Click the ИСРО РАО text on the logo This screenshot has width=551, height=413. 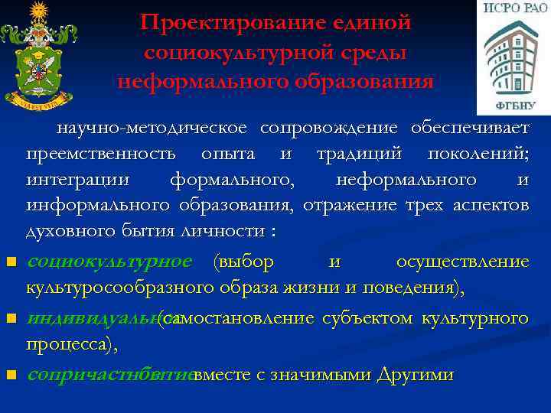(513, 9)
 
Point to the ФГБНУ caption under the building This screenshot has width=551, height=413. (514, 105)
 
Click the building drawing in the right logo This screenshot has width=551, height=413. (513, 57)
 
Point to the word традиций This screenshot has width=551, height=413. (355, 154)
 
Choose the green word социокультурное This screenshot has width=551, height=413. (109, 262)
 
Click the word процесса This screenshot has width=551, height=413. (70, 344)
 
